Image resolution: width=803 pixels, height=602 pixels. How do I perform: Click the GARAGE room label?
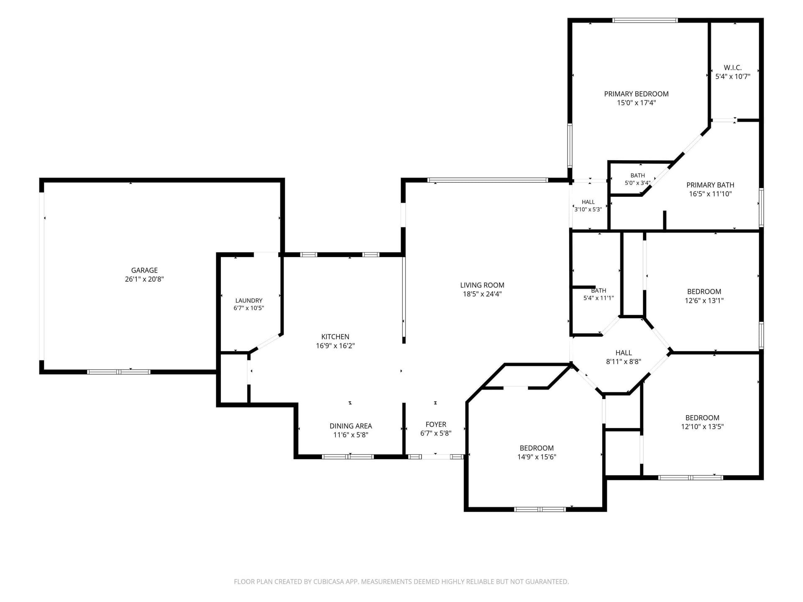click(x=144, y=270)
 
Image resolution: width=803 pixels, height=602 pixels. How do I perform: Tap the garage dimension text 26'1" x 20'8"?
click(x=144, y=279)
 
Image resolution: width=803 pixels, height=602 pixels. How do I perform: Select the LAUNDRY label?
click(x=249, y=301)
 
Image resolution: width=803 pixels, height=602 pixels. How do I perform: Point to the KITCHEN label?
click(x=335, y=337)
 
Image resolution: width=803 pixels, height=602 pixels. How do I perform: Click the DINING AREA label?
click(x=350, y=426)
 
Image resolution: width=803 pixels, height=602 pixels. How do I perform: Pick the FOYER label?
click(x=436, y=424)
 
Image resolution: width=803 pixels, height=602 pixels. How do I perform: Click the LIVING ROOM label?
click(x=482, y=285)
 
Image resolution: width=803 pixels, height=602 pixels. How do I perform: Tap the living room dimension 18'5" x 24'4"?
click(x=482, y=294)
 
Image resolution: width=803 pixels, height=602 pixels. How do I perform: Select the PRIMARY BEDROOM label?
click(x=636, y=94)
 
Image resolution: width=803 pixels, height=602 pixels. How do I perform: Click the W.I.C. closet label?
click(x=733, y=68)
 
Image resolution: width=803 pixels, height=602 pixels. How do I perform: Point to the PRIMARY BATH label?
click(x=710, y=185)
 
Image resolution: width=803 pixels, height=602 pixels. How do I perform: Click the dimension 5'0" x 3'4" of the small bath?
click(x=637, y=183)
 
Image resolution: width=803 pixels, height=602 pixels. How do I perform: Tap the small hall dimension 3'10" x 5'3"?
click(x=588, y=209)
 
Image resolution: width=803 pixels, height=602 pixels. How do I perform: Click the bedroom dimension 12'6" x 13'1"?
click(x=704, y=301)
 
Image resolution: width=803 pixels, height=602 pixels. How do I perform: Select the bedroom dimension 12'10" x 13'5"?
click(x=702, y=427)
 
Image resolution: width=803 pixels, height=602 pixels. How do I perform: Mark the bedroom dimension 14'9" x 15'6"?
click(x=537, y=457)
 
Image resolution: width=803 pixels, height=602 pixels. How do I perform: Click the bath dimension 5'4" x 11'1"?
click(x=598, y=298)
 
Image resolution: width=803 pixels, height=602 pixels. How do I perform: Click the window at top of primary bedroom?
click(x=645, y=20)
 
